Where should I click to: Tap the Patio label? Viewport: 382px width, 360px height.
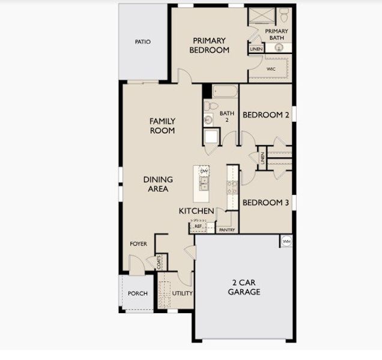[142, 42]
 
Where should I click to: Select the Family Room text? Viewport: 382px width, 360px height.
[162, 125]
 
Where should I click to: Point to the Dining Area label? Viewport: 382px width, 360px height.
[158, 184]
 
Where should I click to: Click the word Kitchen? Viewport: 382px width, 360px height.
[196, 211]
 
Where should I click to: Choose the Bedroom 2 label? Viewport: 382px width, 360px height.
[266, 115]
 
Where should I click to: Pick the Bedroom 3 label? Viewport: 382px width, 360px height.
[266, 203]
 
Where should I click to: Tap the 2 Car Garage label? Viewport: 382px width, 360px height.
[244, 287]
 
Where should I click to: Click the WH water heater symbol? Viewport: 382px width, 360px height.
[286, 241]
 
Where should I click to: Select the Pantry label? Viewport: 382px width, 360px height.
[226, 230]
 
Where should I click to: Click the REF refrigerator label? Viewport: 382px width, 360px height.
[198, 226]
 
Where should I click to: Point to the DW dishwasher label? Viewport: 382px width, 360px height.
[204, 172]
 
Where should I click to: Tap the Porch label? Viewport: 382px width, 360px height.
[138, 293]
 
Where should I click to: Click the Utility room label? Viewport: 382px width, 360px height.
[182, 293]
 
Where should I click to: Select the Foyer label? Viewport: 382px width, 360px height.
[139, 244]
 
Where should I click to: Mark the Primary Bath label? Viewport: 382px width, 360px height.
[276, 34]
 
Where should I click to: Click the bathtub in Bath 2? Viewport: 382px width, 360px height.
[225, 92]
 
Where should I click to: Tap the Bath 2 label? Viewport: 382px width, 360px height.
[226, 116]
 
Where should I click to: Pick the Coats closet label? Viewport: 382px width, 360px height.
[159, 262]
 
